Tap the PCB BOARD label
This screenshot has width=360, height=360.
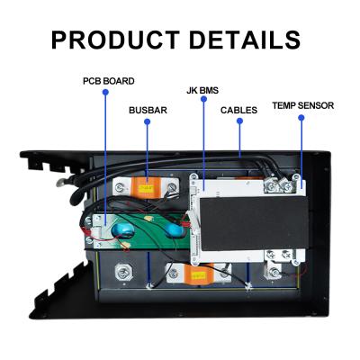click(x=108, y=81)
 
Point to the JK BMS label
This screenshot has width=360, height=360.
click(x=203, y=90)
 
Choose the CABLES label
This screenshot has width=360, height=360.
click(x=239, y=110)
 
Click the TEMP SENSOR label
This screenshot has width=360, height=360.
click(x=303, y=105)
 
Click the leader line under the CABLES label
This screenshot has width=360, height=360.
click(x=239, y=135)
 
